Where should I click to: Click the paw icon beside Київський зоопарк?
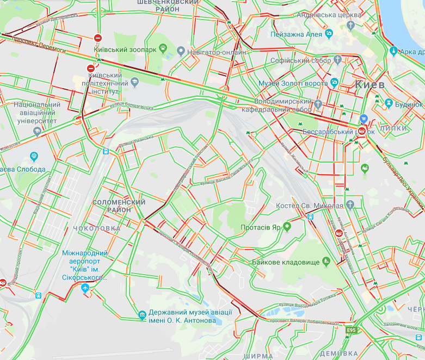(162, 48)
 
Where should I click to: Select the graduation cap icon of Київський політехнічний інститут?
(134, 82)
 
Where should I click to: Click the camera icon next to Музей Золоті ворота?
(334, 83)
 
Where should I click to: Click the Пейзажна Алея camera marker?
(329, 34)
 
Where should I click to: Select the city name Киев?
(369, 85)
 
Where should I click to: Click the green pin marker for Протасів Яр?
(287, 227)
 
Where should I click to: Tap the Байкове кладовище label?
(285, 262)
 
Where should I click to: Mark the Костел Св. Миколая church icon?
(350, 205)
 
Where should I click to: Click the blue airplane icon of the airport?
(85, 288)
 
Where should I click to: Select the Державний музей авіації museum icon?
(142, 314)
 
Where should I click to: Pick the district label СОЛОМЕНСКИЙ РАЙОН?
(119, 206)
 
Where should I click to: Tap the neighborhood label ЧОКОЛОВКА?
(96, 228)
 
